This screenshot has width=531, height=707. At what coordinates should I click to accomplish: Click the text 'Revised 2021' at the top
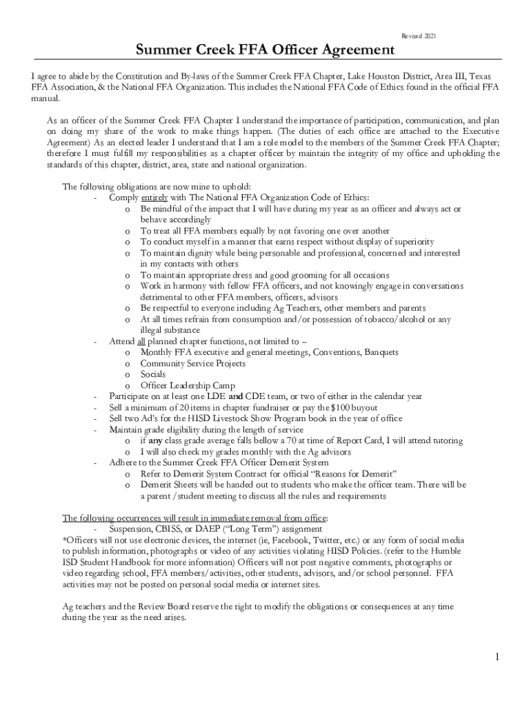(419, 35)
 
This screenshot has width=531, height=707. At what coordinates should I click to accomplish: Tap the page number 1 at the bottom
(497, 656)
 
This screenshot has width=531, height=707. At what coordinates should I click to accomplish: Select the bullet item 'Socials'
(153, 374)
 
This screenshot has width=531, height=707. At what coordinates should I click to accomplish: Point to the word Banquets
(381, 352)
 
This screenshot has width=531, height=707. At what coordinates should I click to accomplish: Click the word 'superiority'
(412, 242)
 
